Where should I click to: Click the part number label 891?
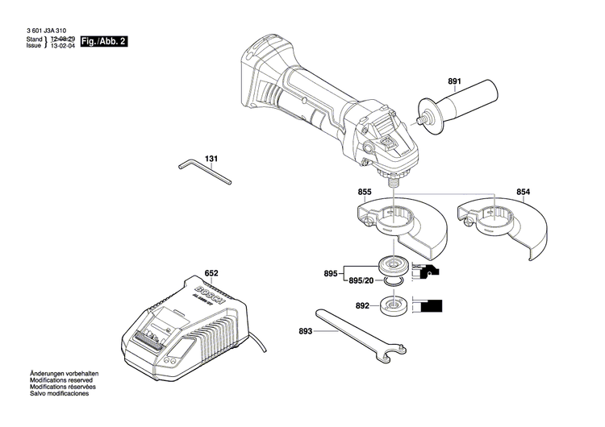(454, 81)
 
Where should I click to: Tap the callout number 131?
(211, 159)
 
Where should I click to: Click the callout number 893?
(305, 330)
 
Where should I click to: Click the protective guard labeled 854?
(499, 226)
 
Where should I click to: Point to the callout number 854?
(524, 192)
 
